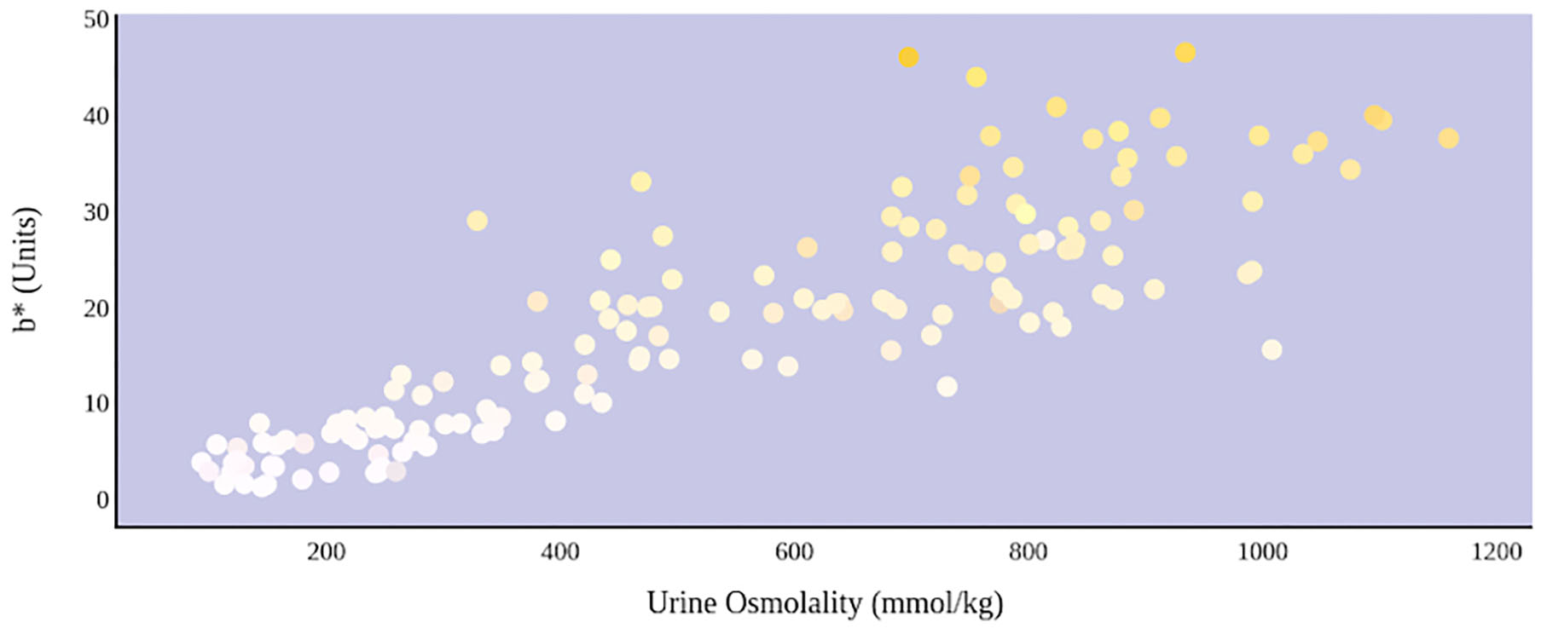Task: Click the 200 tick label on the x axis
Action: [x=326, y=552]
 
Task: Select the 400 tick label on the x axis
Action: [x=559, y=552]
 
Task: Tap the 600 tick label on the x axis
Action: [x=794, y=552]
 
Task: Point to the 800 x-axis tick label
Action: [x=1028, y=552]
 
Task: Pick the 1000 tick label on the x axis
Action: [x=1262, y=552]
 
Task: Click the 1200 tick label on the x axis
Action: [x=1496, y=552]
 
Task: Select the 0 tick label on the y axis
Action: [x=102, y=500]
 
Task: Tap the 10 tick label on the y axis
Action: [x=96, y=404]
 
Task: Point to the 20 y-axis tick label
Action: [x=96, y=308]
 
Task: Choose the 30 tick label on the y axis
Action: [x=96, y=211]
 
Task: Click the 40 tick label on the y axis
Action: [x=96, y=115]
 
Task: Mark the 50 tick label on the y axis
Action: [x=96, y=20]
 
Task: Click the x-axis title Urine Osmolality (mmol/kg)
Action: [x=825, y=603]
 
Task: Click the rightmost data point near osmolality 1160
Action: [x=1448, y=138]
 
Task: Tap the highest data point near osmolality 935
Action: [x=1185, y=53]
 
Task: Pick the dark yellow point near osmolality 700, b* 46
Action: [x=908, y=57]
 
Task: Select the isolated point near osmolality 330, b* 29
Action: [x=477, y=221]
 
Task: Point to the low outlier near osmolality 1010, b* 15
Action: [x=1272, y=349]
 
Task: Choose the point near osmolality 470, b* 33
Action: [x=640, y=181]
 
